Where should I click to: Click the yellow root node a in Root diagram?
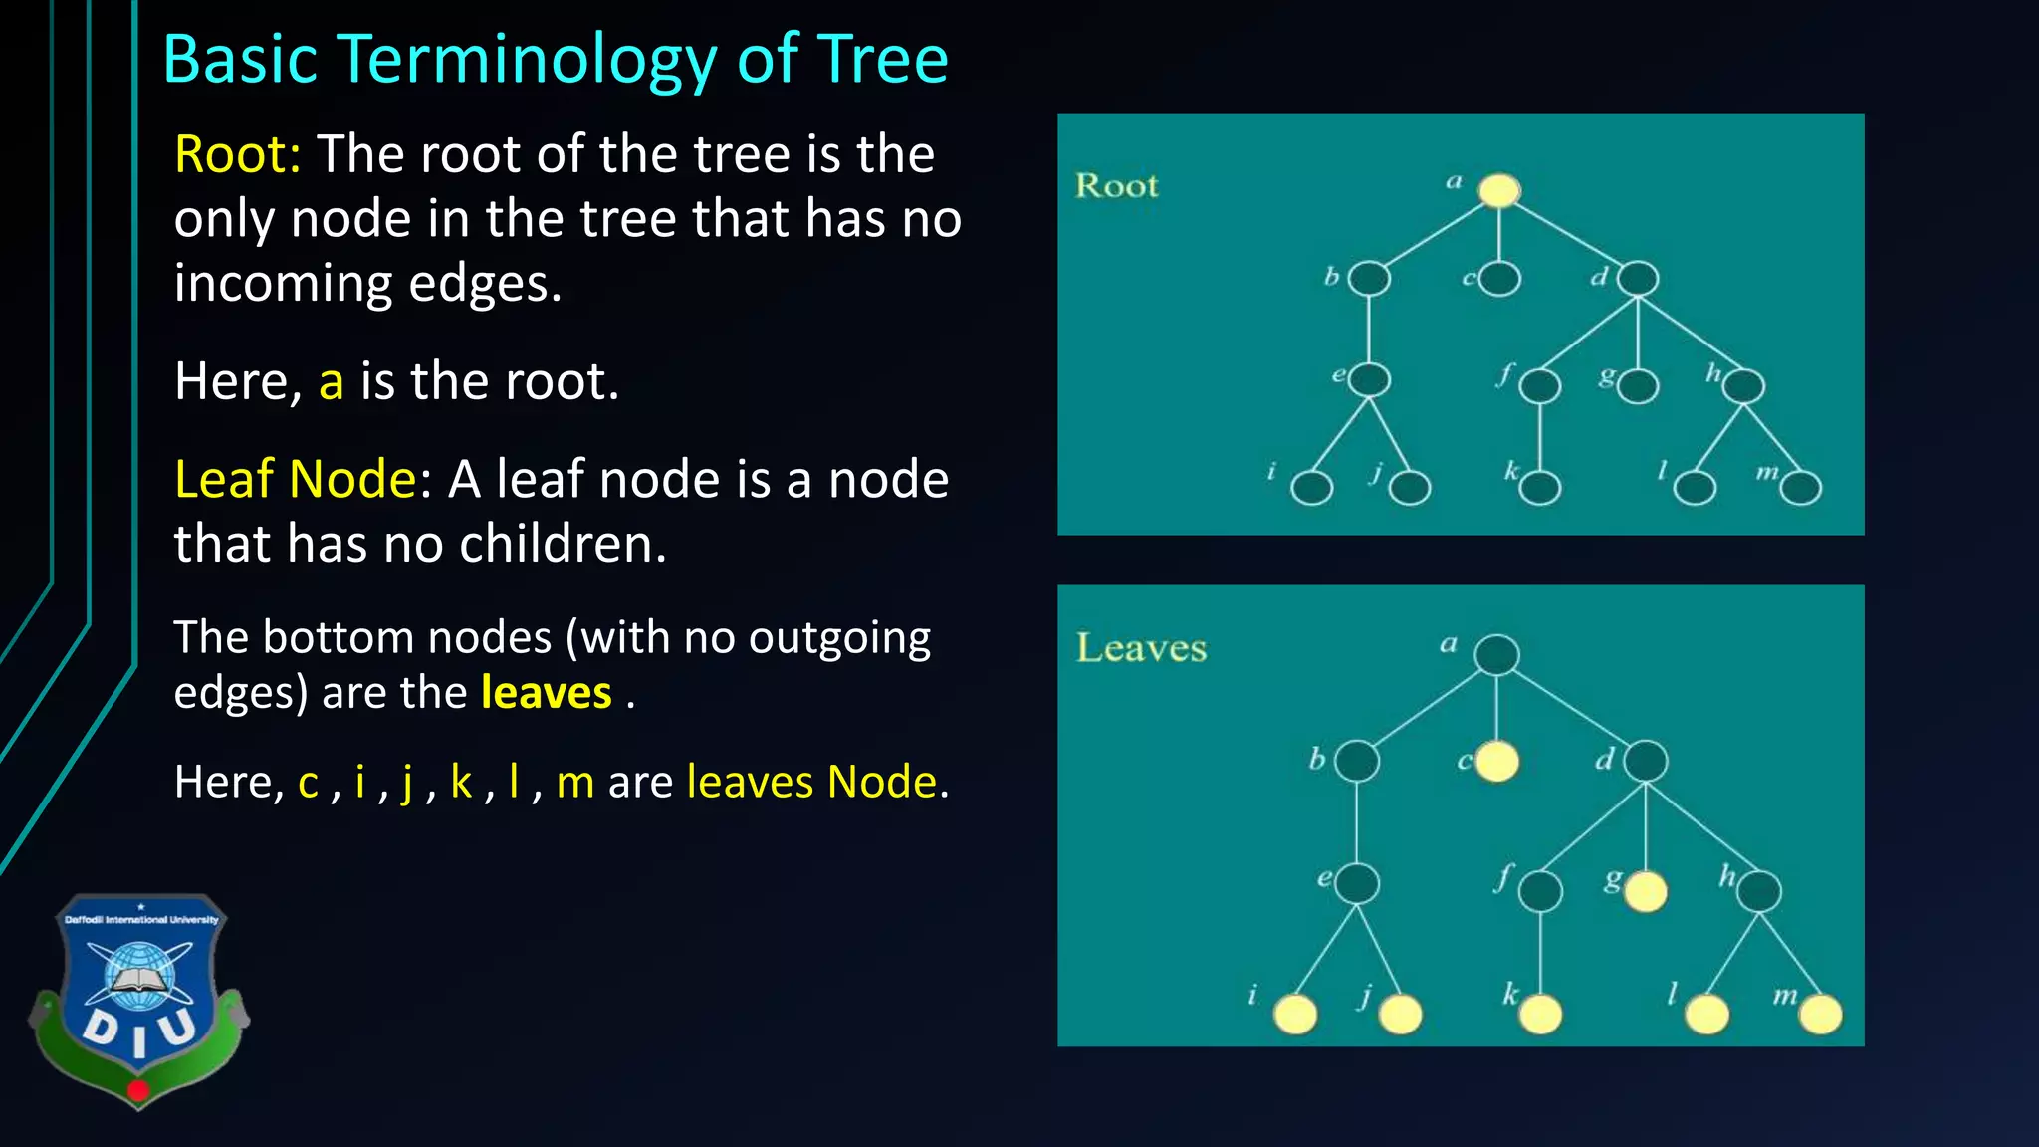pyautogui.click(x=1499, y=190)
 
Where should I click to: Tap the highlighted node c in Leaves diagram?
pyautogui.click(x=1497, y=762)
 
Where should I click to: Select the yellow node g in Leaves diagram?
pyautogui.click(x=1646, y=891)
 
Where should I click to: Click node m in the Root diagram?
pyautogui.click(x=1801, y=488)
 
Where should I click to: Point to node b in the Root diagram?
pyautogui.click(x=1369, y=279)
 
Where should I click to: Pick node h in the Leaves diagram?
pyautogui.click(x=1759, y=891)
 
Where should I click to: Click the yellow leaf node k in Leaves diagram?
pyautogui.click(x=1541, y=1015)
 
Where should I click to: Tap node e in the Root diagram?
pyautogui.click(x=1370, y=380)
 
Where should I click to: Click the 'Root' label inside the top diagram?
pyautogui.click(x=1117, y=186)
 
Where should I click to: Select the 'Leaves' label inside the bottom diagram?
pyautogui.click(x=1141, y=648)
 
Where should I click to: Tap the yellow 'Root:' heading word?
pyautogui.click(x=237, y=155)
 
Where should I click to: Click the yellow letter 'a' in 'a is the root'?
pyautogui.click(x=332, y=382)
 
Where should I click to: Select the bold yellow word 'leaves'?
pyautogui.click(x=546, y=693)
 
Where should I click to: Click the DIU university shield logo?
pyautogui.click(x=138, y=999)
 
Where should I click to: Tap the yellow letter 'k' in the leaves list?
pyautogui.click(x=461, y=782)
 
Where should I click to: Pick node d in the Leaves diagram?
pyautogui.click(x=1646, y=762)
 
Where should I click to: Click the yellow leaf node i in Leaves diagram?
pyautogui.click(x=1296, y=1015)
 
